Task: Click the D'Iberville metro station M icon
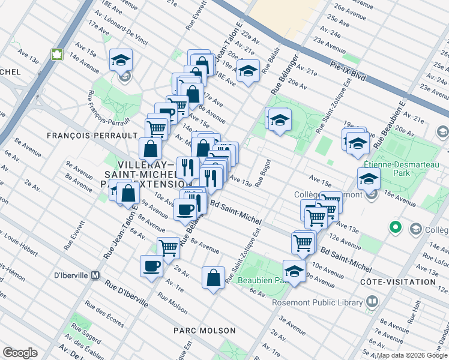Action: point(94,275)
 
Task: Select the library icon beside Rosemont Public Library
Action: point(372,301)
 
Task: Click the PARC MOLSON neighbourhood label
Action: point(204,331)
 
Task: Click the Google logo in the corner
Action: point(20,353)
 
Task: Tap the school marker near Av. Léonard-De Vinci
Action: point(121,60)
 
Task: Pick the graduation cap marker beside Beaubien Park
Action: point(294,271)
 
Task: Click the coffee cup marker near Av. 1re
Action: point(151,265)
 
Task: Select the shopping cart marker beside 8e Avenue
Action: point(169,247)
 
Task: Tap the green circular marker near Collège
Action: point(395,227)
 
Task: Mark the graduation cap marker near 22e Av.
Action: point(247,71)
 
